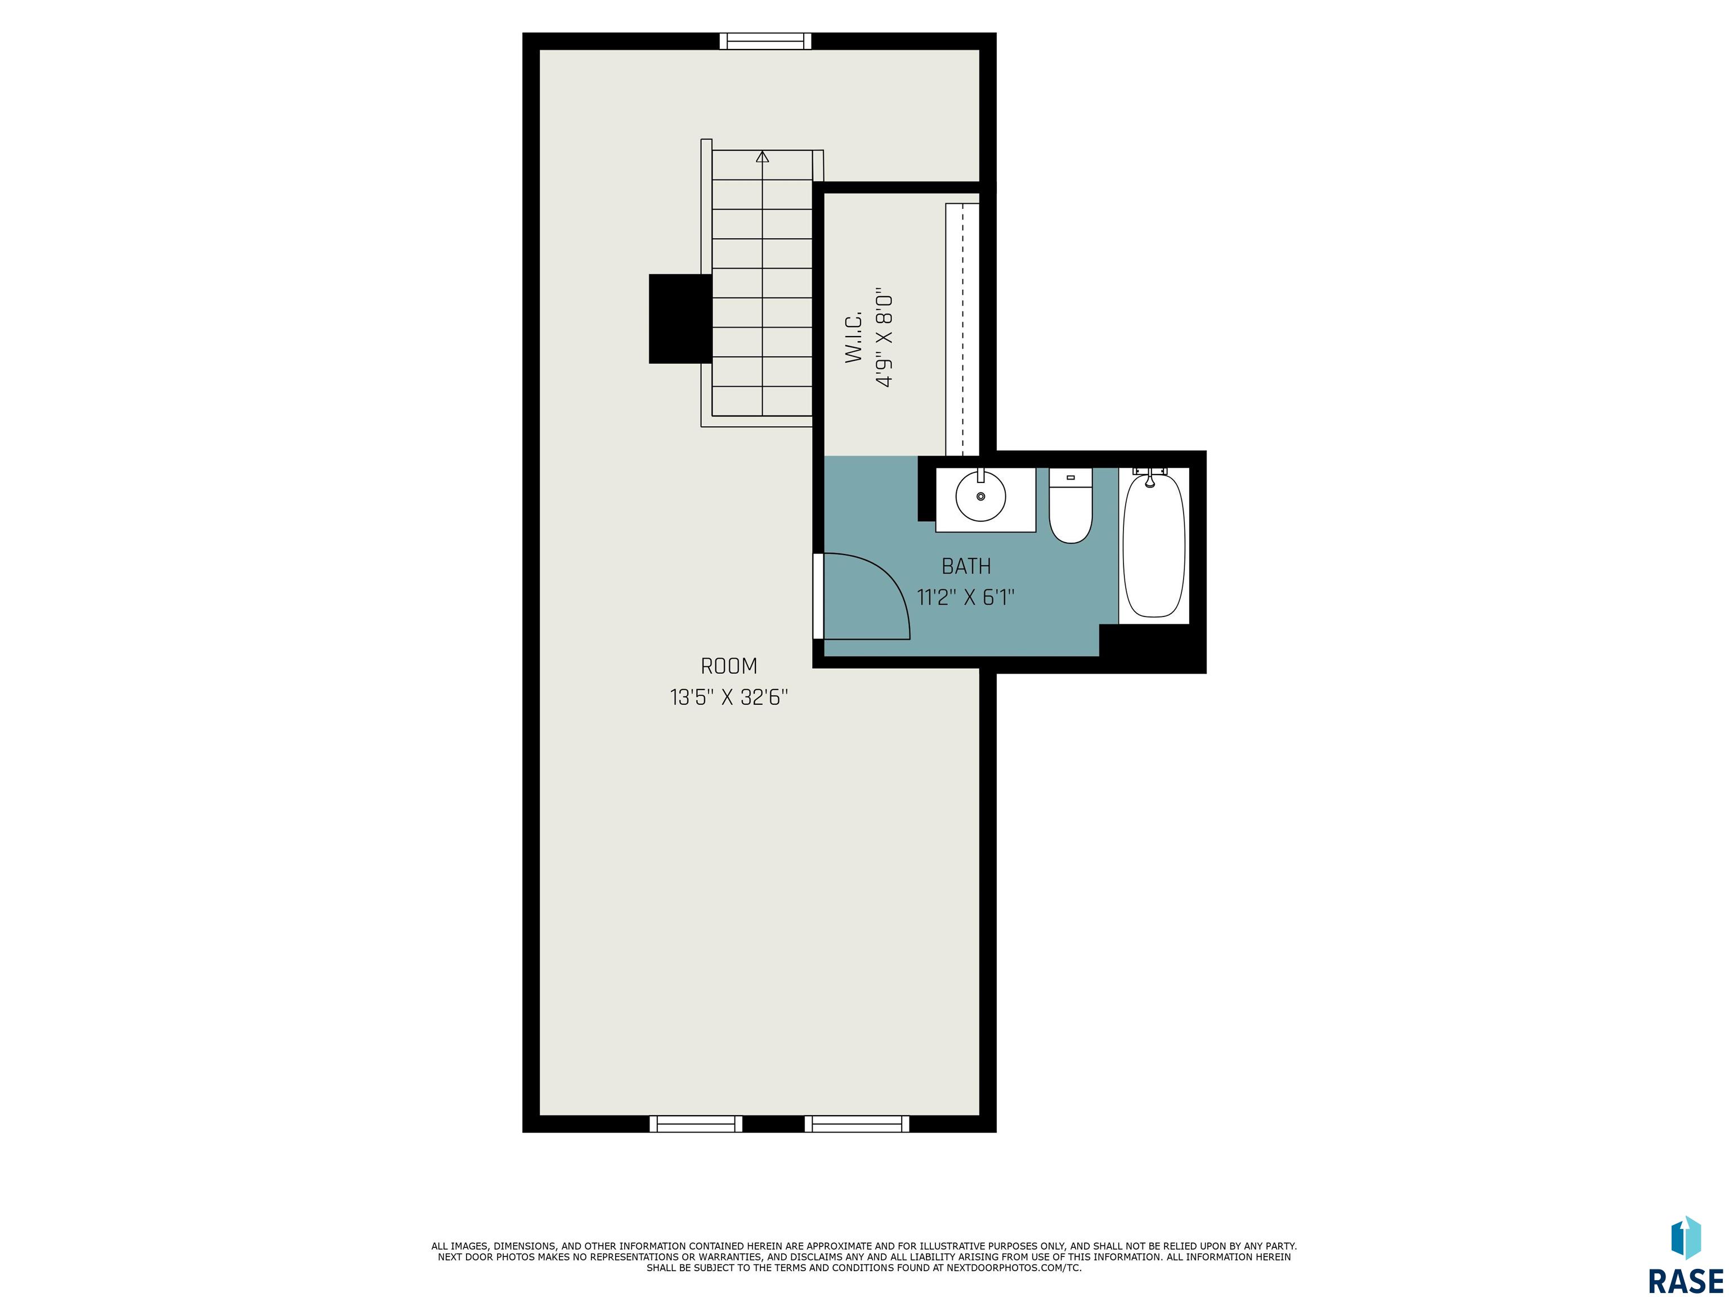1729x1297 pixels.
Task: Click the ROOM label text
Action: click(x=728, y=666)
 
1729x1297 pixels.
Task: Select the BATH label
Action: click(x=966, y=566)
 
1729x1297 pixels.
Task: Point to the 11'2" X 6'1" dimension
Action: click(x=966, y=598)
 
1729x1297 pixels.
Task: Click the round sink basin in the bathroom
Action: click(x=981, y=495)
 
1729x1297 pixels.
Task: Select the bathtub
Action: click(x=1154, y=545)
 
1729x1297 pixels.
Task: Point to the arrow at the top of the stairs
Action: click(x=762, y=157)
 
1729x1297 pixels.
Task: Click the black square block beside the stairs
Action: click(x=680, y=319)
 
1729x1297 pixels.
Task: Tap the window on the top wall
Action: click(x=765, y=42)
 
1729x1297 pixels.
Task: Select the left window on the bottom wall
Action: click(x=696, y=1124)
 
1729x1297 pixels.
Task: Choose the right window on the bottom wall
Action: click(x=857, y=1124)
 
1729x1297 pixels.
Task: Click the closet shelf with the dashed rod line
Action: click(x=962, y=329)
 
